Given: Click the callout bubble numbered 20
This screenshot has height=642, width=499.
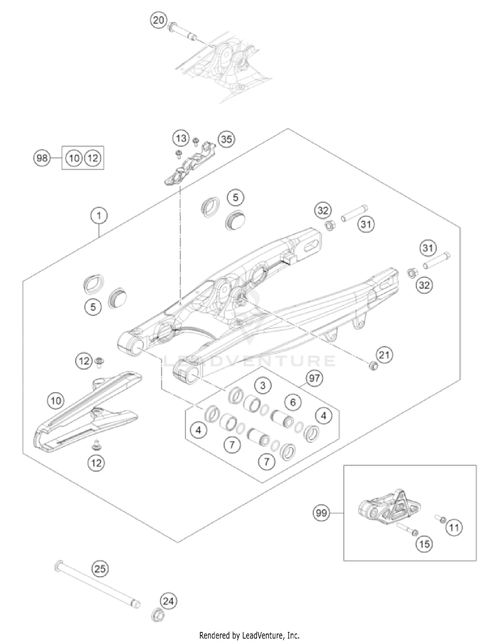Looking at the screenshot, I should pyautogui.click(x=158, y=20).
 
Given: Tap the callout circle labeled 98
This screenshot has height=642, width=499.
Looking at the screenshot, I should pyautogui.click(x=42, y=158).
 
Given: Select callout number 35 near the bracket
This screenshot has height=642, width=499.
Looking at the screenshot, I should pyautogui.click(x=226, y=139).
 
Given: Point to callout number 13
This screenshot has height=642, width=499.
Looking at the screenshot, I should pyautogui.click(x=181, y=138).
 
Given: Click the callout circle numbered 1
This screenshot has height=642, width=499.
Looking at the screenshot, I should pyautogui.click(x=99, y=216).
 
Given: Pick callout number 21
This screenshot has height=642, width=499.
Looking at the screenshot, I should pyautogui.click(x=384, y=355).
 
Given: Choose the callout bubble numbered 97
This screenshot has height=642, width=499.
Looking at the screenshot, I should pyautogui.click(x=314, y=378).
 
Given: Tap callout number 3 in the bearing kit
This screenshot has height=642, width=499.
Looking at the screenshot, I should pyautogui.click(x=263, y=385).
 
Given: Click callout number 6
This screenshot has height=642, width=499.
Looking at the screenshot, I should pyautogui.click(x=293, y=402).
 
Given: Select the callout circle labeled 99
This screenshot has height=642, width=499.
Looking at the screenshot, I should pyautogui.click(x=321, y=513).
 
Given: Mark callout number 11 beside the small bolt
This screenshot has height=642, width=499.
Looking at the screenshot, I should pyautogui.click(x=454, y=527).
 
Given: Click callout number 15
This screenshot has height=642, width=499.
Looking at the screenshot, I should pyautogui.click(x=424, y=544).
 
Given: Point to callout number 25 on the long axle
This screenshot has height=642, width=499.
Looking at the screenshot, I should pyautogui.click(x=100, y=569).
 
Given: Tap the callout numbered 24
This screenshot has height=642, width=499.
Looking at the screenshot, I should pyautogui.click(x=168, y=601).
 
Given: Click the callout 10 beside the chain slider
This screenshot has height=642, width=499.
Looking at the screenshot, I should pyautogui.click(x=56, y=400).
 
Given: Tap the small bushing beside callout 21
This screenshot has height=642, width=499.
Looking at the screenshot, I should pyautogui.click(x=373, y=366).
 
